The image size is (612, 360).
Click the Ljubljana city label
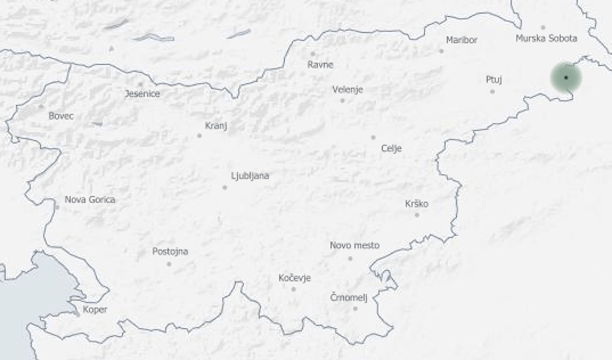(x=250, y=176)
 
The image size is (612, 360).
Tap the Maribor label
(x=461, y=40)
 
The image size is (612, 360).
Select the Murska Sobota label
(x=546, y=39)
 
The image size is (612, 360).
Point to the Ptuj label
(x=494, y=80)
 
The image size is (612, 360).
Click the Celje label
(x=391, y=148)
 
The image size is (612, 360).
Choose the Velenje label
(x=347, y=90)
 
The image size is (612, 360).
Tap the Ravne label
(x=320, y=64)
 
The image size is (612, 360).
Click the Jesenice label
(x=142, y=93)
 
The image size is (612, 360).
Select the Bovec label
(x=61, y=116)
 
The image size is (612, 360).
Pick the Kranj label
(x=216, y=126)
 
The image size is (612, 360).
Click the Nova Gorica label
(x=90, y=200)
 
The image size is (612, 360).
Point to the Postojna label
(x=170, y=251)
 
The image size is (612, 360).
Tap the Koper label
(x=95, y=309)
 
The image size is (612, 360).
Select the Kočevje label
(x=294, y=278)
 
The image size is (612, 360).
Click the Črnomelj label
(x=349, y=297)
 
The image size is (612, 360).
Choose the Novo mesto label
(x=354, y=245)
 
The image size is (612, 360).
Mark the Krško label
(x=417, y=204)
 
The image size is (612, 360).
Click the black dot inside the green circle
(x=566, y=77)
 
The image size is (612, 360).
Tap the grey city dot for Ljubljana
(x=225, y=187)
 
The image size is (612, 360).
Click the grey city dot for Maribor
(x=441, y=51)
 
